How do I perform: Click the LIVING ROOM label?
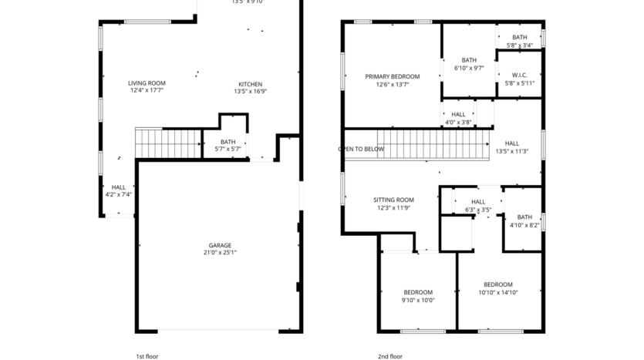coord(147,83)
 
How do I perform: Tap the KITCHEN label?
coord(250,84)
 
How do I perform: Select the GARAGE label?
coord(220,245)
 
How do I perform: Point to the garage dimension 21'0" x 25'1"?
coord(220,253)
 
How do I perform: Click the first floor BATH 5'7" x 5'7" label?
coord(228,142)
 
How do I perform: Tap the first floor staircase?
coord(168,143)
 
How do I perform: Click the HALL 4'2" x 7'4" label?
coord(119,187)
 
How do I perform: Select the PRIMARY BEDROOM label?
coord(392,76)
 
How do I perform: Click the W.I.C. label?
coord(519,76)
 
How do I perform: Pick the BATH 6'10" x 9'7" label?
coord(469,60)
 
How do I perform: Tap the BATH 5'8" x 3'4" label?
coord(520,37)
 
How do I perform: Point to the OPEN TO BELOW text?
coord(361,149)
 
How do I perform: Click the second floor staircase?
coord(436,144)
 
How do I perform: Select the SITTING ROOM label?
coord(393,200)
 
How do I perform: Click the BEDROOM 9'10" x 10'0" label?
coord(418,292)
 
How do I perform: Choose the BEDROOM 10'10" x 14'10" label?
coord(497,284)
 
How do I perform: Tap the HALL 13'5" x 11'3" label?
coord(512,143)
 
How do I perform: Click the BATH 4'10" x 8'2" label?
coord(524,217)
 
